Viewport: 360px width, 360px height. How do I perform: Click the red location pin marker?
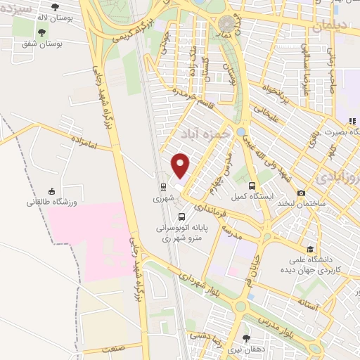pos(181,166)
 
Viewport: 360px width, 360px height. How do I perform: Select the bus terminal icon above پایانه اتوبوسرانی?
pos(182,217)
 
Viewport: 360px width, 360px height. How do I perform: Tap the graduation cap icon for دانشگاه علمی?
pos(310,249)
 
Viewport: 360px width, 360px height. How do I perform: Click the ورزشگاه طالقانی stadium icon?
pos(51,191)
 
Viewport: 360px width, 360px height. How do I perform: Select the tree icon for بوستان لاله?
pos(55,7)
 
